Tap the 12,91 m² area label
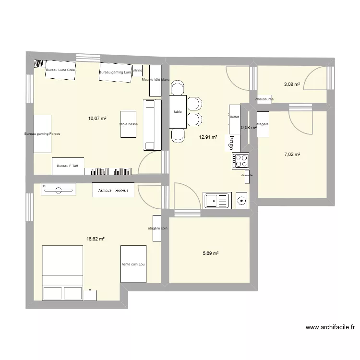click(208, 137)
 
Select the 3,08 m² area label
click(292, 84)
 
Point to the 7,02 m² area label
click(292, 155)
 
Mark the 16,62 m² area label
click(96, 238)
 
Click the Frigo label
click(230, 143)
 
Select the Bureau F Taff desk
click(68, 166)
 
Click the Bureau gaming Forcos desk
click(42, 134)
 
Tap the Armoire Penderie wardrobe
click(113, 191)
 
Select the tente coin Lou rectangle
click(133, 264)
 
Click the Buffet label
click(234, 117)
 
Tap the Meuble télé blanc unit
click(156, 80)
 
